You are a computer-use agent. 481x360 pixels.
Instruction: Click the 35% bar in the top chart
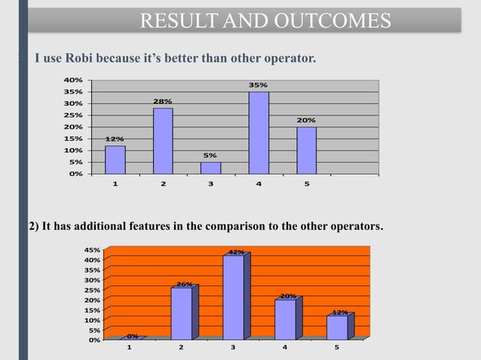(259, 133)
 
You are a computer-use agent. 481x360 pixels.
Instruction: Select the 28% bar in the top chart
(163, 141)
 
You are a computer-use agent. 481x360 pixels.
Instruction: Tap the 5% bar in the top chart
(211, 168)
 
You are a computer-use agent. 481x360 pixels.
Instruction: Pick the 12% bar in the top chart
(115, 160)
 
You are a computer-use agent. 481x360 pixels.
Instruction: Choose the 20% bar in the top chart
(306, 150)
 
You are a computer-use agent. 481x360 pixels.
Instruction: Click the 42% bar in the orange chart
(234, 297)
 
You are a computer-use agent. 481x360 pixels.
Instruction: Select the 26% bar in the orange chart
(182, 313)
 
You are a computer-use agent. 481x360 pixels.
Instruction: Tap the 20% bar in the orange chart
(285, 319)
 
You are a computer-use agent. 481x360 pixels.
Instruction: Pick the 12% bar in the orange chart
(336, 328)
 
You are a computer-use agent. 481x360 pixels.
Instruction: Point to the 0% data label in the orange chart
(132, 336)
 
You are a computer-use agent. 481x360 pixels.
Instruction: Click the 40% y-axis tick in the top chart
(73, 80)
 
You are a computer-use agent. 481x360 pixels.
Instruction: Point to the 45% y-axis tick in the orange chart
(90, 250)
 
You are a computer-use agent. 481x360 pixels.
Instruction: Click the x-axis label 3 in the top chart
(211, 182)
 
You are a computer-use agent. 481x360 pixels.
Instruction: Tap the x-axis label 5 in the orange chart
(337, 348)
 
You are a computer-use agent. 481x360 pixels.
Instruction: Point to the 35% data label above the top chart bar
(259, 85)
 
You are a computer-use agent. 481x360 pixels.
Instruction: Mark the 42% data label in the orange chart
(236, 252)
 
